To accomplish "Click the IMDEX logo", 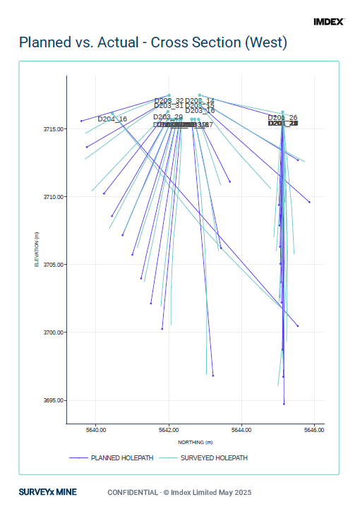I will (x=328, y=22).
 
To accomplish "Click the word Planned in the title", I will (x=47, y=44).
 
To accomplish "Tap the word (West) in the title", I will (x=265, y=44).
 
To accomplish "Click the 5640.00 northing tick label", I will (x=96, y=429).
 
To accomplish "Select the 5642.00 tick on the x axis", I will (x=169, y=429).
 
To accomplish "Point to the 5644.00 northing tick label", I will (x=241, y=429).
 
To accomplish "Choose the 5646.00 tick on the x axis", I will (x=314, y=429).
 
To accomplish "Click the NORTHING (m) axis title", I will (x=195, y=442).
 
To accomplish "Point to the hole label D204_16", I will (x=112, y=119).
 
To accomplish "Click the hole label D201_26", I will (x=282, y=117).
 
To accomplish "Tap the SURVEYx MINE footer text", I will (x=48, y=492).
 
